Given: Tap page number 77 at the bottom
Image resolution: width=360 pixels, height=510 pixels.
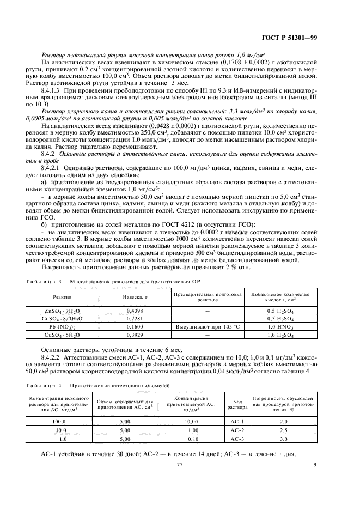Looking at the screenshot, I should pyautogui.click(x=180, y=464).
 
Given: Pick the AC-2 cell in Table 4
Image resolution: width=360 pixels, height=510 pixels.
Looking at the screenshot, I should pyautogui.click(x=234, y=429).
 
